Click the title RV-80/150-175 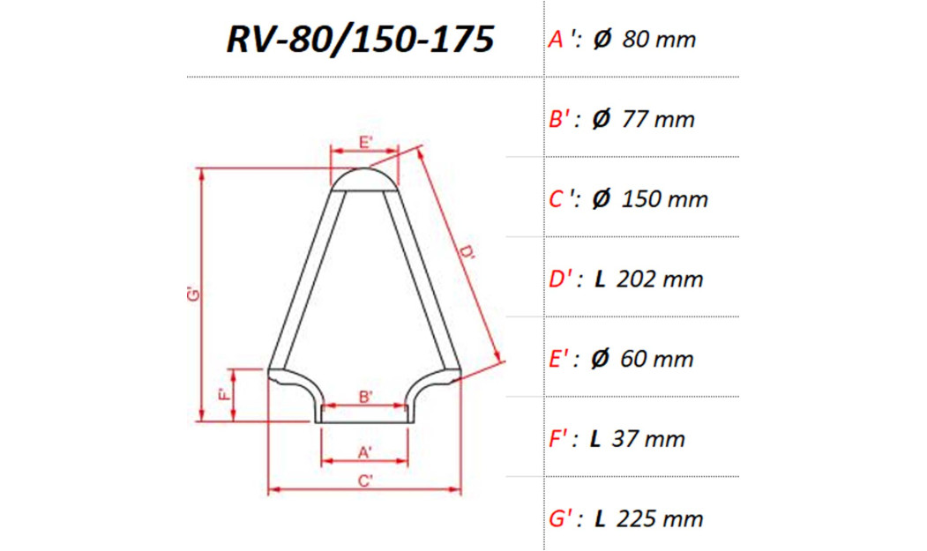(360, 40)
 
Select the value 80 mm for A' (658, 40)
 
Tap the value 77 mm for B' (658, 120)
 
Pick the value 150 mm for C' (664, 199)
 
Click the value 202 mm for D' (661, 279)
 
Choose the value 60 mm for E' (657, 360)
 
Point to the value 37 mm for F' (651, 439)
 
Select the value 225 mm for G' (661, 518)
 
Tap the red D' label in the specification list (563, 279)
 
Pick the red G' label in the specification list (563, 518)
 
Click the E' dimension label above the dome (365, 141)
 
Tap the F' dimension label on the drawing (224, 394)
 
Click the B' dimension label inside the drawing (365, 397)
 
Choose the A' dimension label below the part (365, 451)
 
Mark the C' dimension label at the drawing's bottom (365, 480)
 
